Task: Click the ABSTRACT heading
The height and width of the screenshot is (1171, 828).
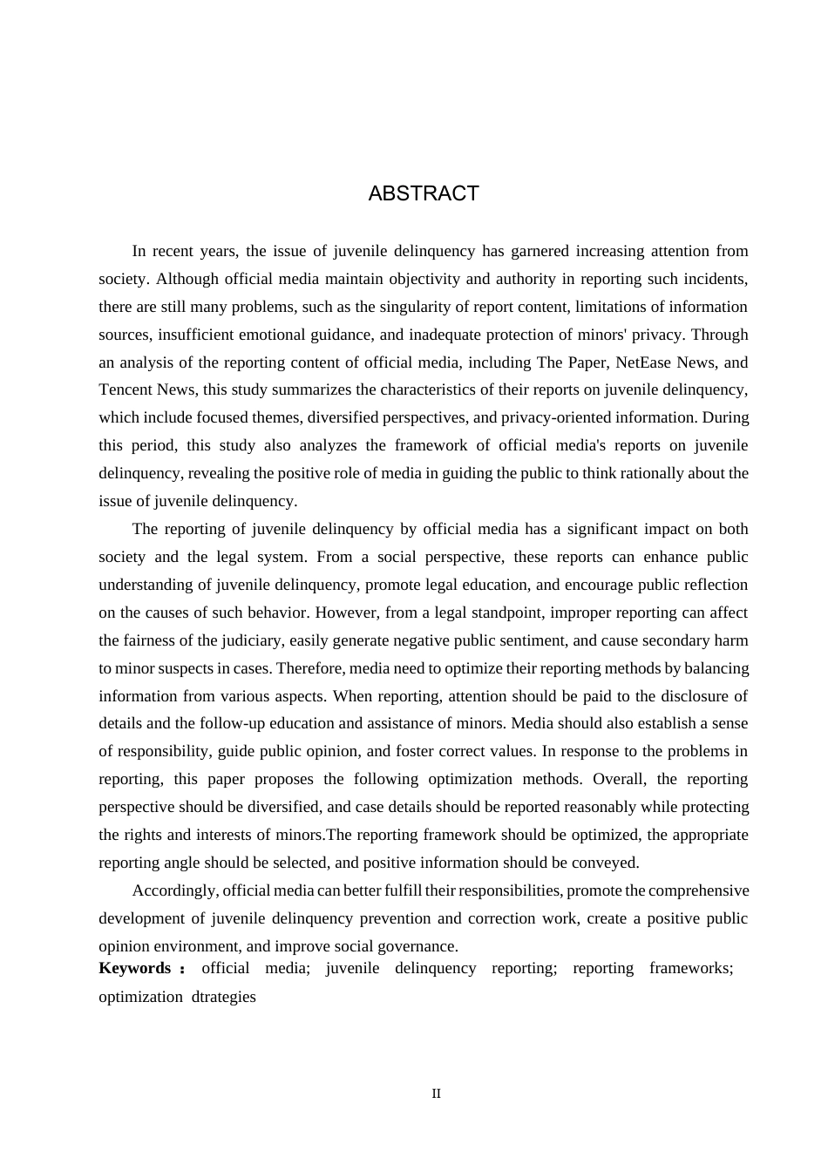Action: [424, 193]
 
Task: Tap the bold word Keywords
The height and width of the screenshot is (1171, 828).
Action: [135, 968]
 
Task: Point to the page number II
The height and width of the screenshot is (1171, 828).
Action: [437, 1093]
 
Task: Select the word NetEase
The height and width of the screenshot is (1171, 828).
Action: [645, 362]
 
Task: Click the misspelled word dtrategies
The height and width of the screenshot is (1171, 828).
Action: [224, 997]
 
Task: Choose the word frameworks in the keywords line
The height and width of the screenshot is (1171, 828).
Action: [691, 968]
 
